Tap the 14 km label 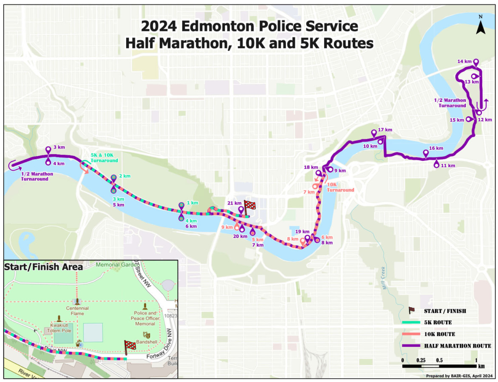click(464, 62)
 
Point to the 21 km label click(233, 203)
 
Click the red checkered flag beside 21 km click(250, 205)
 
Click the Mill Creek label click(384, 278)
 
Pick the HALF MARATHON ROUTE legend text click(457, 346)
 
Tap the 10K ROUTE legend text click(439, 334)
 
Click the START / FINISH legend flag click(411, 310)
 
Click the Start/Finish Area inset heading click(43, 267)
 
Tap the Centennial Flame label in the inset click(77, 311)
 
